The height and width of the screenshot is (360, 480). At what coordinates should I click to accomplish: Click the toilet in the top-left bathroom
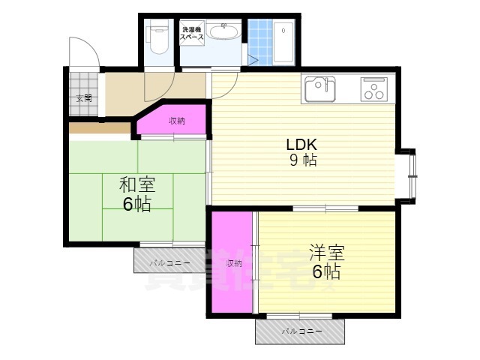coord(158,38)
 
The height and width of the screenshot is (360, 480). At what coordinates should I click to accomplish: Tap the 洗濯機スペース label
coord(192,33)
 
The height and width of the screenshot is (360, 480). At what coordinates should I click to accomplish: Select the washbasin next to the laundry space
coord(223,32)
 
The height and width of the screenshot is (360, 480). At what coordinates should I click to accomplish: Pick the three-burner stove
coord(373,88)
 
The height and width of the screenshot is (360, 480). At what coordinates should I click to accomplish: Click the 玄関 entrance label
coord(83,98)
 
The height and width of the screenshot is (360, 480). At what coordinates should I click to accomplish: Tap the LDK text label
coord(301,145)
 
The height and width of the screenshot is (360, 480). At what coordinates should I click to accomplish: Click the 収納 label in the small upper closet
coord(176,121)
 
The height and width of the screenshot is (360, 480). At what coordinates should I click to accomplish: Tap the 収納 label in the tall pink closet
coord(233,263)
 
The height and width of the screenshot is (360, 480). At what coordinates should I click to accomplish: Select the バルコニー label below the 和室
coord(169,263)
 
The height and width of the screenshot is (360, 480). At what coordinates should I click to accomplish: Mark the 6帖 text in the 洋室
coord(326,271)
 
